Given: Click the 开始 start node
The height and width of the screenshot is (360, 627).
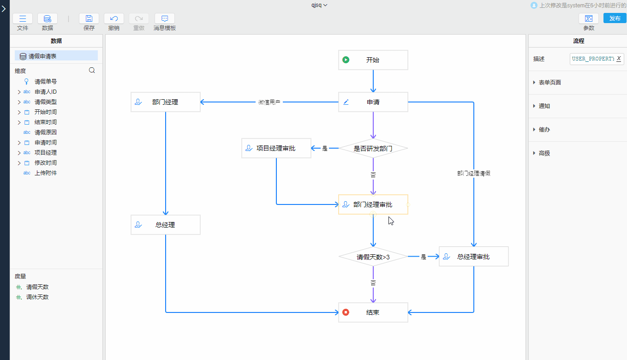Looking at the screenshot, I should click(373, 60).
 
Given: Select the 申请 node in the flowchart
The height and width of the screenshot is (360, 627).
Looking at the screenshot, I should click(373, 102).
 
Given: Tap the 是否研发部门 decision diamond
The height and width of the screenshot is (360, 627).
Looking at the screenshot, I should click(373, 149).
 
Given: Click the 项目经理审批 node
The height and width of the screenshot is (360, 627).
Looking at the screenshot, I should click(276, 148).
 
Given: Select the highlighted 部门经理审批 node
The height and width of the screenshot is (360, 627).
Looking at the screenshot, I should click(373, 204).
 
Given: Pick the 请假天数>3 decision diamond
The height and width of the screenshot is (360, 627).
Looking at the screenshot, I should click(373, 257).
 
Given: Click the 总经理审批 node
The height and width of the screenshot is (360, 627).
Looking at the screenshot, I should click(473, 257).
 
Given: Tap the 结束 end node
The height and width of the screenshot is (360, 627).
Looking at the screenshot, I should click(373, 312).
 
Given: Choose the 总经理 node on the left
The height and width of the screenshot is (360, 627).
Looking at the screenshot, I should click(165, 225).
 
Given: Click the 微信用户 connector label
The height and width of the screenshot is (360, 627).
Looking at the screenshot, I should click(269, 102).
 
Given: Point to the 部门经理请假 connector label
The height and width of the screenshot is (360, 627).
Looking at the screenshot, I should click(473, 173).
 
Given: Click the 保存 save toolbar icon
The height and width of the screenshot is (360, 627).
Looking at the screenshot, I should click(89, 18).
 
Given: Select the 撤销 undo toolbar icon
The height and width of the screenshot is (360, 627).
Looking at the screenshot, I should click(114, 18).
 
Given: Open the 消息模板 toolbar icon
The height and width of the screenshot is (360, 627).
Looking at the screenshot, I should click(165, 18).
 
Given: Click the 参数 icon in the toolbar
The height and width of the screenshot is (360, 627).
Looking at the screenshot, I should click(589, 18).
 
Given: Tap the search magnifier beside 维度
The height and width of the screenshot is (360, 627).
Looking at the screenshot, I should click(92, 71).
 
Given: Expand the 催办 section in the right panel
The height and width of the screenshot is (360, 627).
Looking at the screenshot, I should click(544, 130).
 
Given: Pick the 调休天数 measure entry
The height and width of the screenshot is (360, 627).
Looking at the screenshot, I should click(37, 297).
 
